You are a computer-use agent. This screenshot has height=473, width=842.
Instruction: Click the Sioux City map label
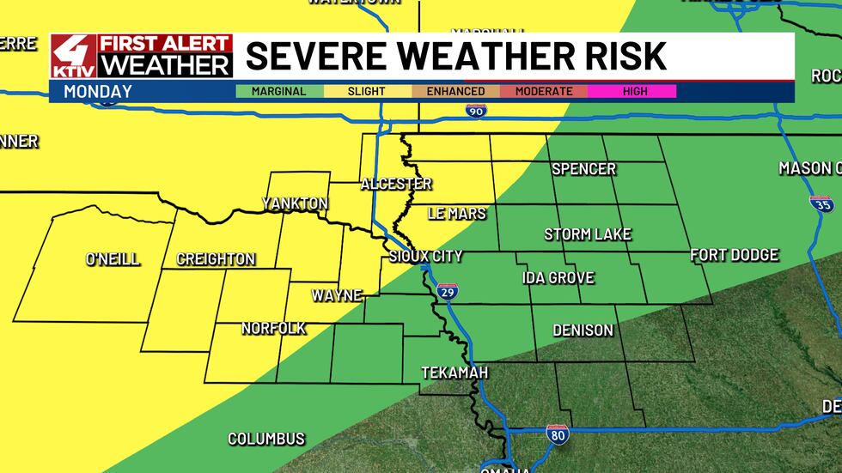(425, 256)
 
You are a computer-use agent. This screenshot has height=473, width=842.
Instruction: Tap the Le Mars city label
(457, 213)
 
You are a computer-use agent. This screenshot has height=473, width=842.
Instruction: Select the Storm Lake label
(588, 234)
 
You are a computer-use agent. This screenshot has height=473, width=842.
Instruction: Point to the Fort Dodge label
(735, 255)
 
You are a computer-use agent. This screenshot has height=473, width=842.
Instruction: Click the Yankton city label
(296, 203)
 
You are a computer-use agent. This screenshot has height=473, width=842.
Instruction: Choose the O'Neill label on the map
(113, 259)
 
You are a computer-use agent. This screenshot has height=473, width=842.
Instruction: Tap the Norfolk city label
(273, 328)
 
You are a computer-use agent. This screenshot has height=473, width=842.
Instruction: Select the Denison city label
(583, 330)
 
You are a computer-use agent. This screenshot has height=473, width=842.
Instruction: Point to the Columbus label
(266, 439)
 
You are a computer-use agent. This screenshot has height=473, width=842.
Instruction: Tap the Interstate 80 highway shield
(557, 434)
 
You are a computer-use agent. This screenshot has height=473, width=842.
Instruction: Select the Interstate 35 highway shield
(821, 204)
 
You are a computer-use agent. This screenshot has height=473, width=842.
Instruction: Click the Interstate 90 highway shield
(475, 111)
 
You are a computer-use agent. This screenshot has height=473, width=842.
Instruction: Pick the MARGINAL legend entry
(278, 91)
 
